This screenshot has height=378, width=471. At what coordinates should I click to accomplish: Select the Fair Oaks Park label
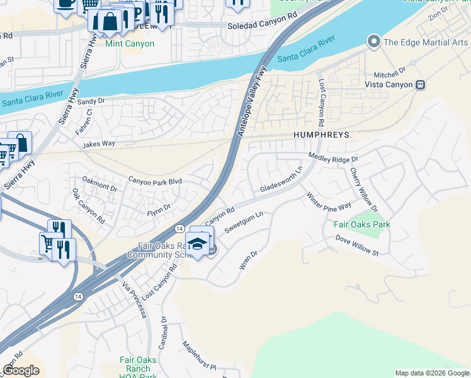(x=361, y=224)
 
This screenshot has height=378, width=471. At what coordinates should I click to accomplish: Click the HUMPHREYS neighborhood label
(x=321, y=135)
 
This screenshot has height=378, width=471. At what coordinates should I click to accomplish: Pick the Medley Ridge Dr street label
(x=333, y=157)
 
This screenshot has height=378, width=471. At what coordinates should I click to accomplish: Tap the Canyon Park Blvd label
(x=155, y=181)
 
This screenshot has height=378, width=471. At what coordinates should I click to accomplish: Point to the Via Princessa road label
(x=133, y=299)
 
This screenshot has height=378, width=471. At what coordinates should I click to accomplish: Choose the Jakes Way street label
(x=98, y=144)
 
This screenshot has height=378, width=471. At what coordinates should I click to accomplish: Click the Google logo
(x=21, y=370)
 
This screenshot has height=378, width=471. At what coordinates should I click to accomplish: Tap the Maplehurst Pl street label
(x=199, y=357)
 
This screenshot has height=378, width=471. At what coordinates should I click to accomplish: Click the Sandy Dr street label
(x=91, y=100)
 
